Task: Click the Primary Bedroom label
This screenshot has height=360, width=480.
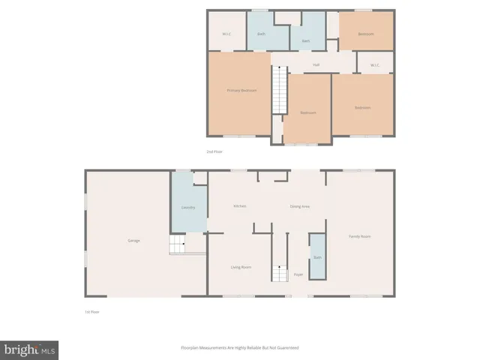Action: [x=241, y=91]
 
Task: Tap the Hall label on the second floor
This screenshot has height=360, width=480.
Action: [x=316, y=65]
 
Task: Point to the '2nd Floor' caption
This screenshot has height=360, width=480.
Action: [x=214, y=151]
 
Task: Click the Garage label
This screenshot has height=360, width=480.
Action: [x=133, y=241]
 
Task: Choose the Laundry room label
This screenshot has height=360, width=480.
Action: [x=188, y=207]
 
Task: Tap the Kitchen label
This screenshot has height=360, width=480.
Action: [x=240, y=206]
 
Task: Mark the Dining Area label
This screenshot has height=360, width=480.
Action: [x=301, y=206]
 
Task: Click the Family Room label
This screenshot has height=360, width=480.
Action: [x=360, y=237]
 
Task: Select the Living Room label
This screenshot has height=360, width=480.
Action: [x=240, y=267]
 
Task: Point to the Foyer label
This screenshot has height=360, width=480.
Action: [x=298, y=274]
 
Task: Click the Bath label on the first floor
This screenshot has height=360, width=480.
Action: [x=317, y=257]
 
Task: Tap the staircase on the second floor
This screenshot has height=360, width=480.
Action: [x=279, y=90]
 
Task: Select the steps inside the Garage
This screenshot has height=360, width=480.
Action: [x=177, y=244]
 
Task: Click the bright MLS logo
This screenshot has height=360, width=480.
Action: [x=29, y=349]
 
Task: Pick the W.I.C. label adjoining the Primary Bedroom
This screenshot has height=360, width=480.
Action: [x=226, y=34]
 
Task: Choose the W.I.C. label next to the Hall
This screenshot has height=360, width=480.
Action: [x=375, y=65]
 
